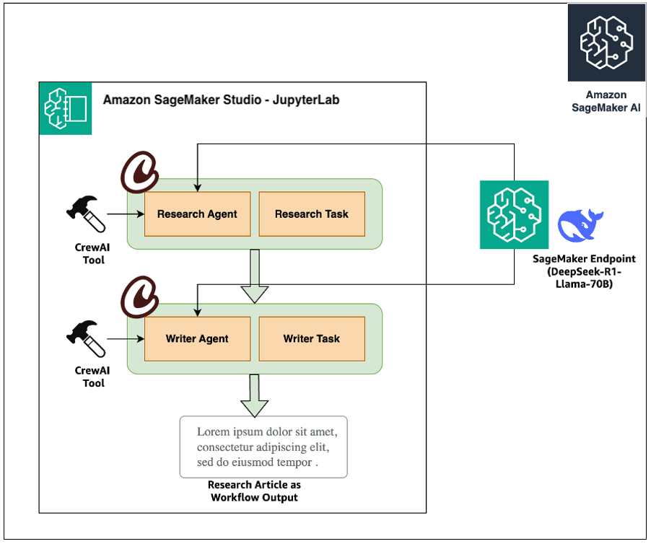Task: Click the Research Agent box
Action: [x=197, y=214]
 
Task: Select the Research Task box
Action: [x=312, y=214]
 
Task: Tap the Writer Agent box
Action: [x=197, y=338]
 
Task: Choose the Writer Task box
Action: [x=312, y=338]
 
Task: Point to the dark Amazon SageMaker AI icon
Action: [x=606, y=43]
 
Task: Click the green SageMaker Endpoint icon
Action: [x=514, y=215]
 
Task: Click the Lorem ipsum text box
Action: [x=263, y=447]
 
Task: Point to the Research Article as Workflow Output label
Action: [x=254, y=491]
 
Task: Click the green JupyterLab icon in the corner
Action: [x=66, y=108]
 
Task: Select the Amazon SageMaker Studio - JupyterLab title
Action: [x=221, y=100]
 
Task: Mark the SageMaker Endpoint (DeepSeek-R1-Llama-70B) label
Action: [x=585, y=269]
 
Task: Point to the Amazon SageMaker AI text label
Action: [x=606, y=101]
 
